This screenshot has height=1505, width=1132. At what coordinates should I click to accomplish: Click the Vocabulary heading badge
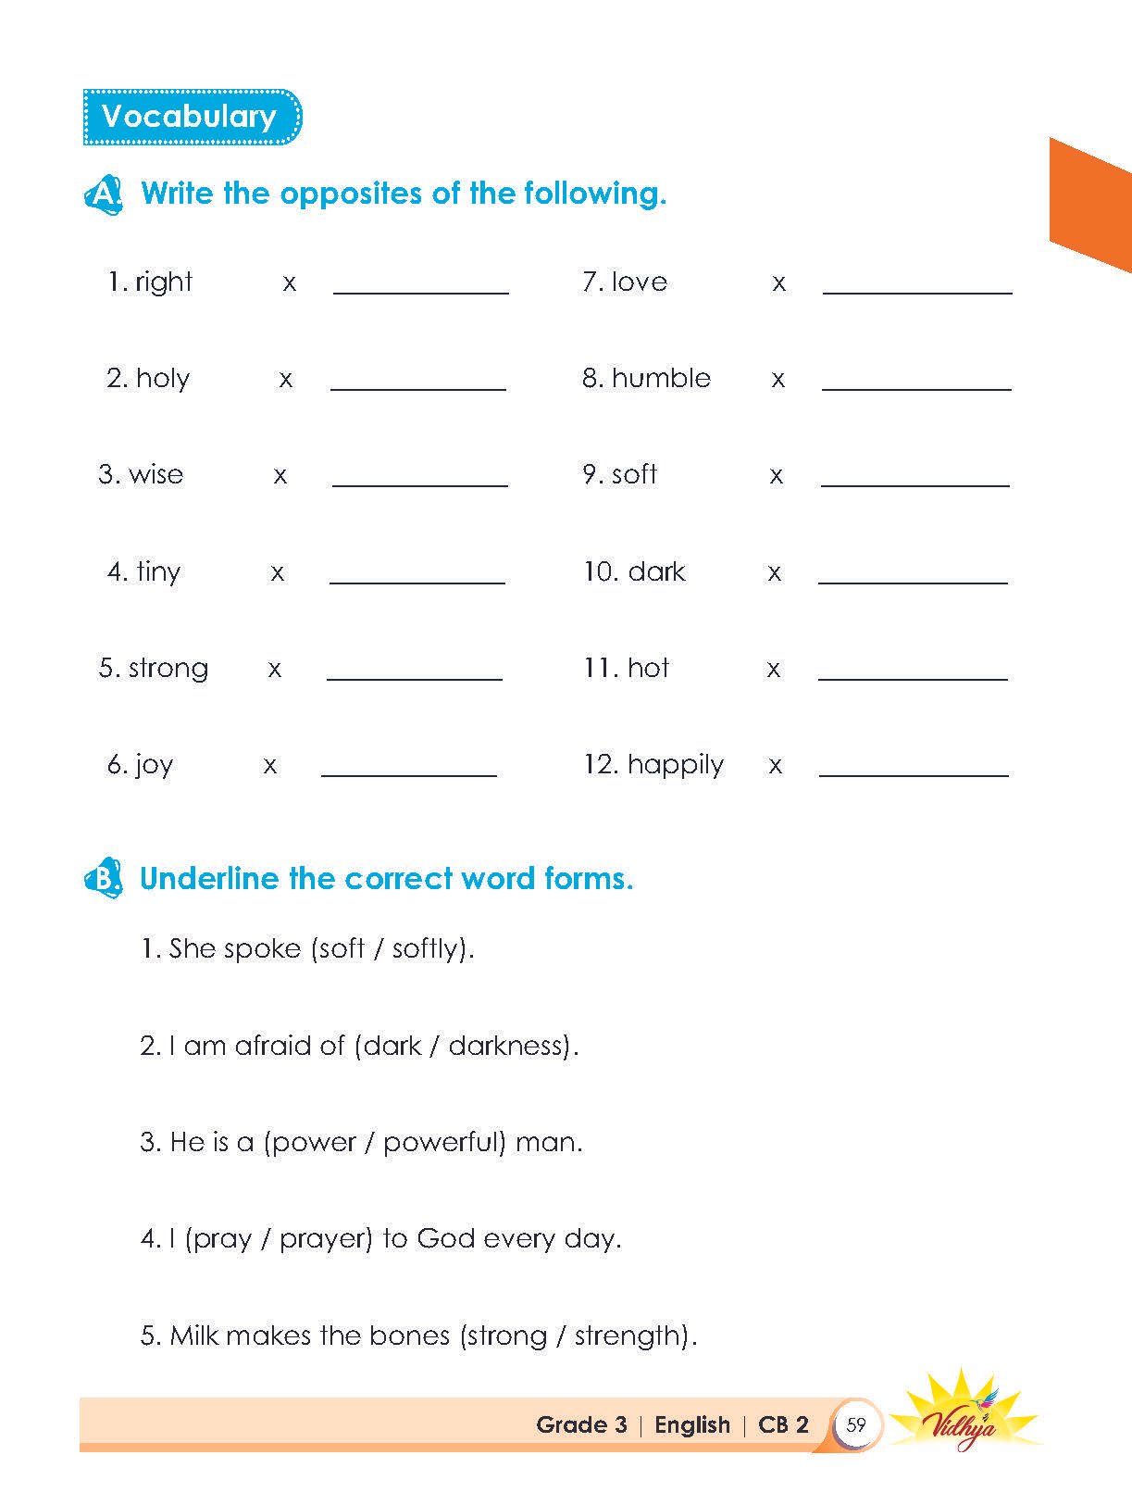tap(191, 117)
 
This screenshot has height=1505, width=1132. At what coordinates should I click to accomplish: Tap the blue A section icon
tap(103, 194)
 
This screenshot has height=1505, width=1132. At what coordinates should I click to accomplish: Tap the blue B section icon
tap(103, 878)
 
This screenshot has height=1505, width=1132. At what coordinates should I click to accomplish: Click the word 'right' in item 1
tap(164, 282)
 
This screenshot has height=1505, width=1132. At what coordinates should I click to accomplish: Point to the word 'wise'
tap(156, 474)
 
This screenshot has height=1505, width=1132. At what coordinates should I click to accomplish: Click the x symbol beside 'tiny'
tap(277, 573)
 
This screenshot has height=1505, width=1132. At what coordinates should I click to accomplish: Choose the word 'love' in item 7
tap(640, 282)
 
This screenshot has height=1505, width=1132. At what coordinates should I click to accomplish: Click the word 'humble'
tap(661, 378)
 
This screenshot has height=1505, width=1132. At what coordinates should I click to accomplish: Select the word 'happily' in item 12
tap(676, 766)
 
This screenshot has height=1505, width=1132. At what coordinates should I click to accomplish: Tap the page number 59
tap(856, 1424)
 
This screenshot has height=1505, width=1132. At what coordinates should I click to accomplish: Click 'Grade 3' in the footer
tap(581, 1424)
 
